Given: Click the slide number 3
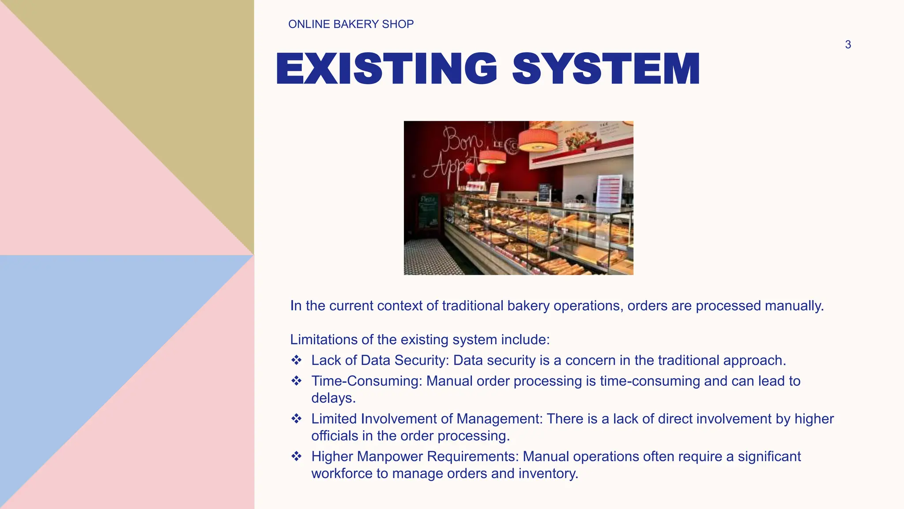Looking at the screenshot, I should (848, 45).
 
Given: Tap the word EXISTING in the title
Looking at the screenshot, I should (387, 68).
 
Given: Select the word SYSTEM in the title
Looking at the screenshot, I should (606, 68).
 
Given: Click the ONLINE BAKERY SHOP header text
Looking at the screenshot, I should (351, 24).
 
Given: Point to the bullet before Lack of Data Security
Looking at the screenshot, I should (297, 360).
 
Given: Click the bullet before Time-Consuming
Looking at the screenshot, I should (297, 381).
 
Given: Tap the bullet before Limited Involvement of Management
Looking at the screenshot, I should (297, 418).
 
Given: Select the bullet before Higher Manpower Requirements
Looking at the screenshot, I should (297, 456).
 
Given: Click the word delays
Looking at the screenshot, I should (333, 398).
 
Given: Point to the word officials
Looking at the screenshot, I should (335, 436).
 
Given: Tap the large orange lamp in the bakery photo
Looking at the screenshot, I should (538, 140).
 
